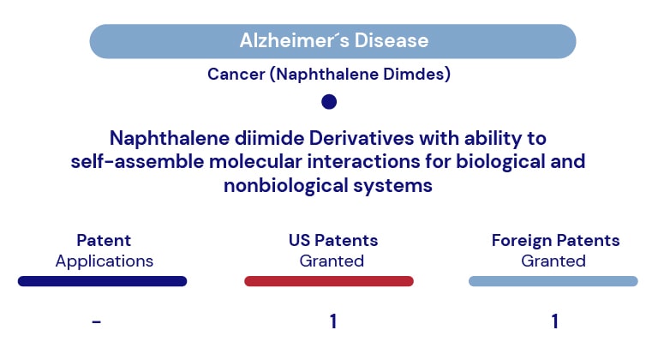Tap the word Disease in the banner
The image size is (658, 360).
(x=392, y=41)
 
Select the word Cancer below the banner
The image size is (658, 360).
(x=236, y=75)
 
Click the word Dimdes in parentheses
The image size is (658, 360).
(x=416, y=75)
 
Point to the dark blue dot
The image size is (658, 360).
(x=329, y=102)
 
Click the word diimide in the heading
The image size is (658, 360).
(x=269, y=138)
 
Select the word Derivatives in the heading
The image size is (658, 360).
(x=362, y=138)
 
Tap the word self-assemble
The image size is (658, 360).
(x=137, y=162)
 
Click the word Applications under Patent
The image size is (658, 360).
(x=105, y=261)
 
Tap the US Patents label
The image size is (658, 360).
(x=333, y=240)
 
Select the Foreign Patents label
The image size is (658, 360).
(x=555, y=241)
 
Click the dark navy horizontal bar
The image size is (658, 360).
(x=103, y=281)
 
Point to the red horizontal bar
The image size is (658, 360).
(x=329, y=281)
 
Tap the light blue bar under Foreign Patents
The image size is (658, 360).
(x=553, y=281)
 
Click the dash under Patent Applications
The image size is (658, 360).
(x=97, y=321)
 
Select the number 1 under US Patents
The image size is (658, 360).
(x=333, y=321)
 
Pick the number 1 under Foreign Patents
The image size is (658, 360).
(x=555, y=321)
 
